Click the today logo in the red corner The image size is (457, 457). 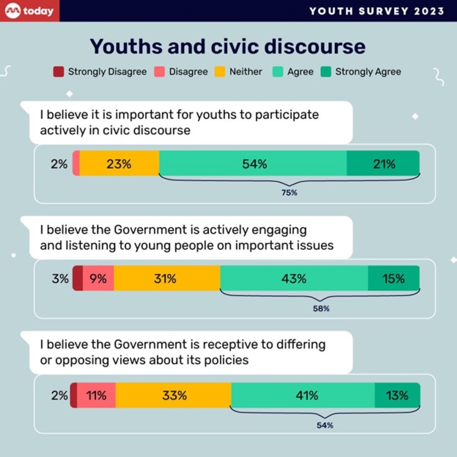(x=30, y=11)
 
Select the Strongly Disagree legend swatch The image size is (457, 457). (x=58, y=72)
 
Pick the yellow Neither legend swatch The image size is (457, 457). (x=220, y=72)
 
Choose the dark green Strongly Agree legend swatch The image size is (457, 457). (x=326, y=72)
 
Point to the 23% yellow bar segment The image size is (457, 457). (x=119, y=164)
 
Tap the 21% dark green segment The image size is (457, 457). (x=383, y=164)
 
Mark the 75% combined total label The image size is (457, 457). (x=289, y=193)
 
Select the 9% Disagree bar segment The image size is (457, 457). (x=98, y=278)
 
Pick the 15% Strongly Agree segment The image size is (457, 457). (x=393, y=278)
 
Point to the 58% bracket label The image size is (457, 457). (x=321, y=308)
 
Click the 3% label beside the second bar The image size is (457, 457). (x=60, y=278)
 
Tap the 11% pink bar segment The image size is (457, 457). (x=96, y=395)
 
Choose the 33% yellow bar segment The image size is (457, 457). (x=174, y=395)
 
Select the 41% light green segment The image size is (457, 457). (x=303, y=395)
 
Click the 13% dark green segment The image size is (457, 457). (x=397, y=395)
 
